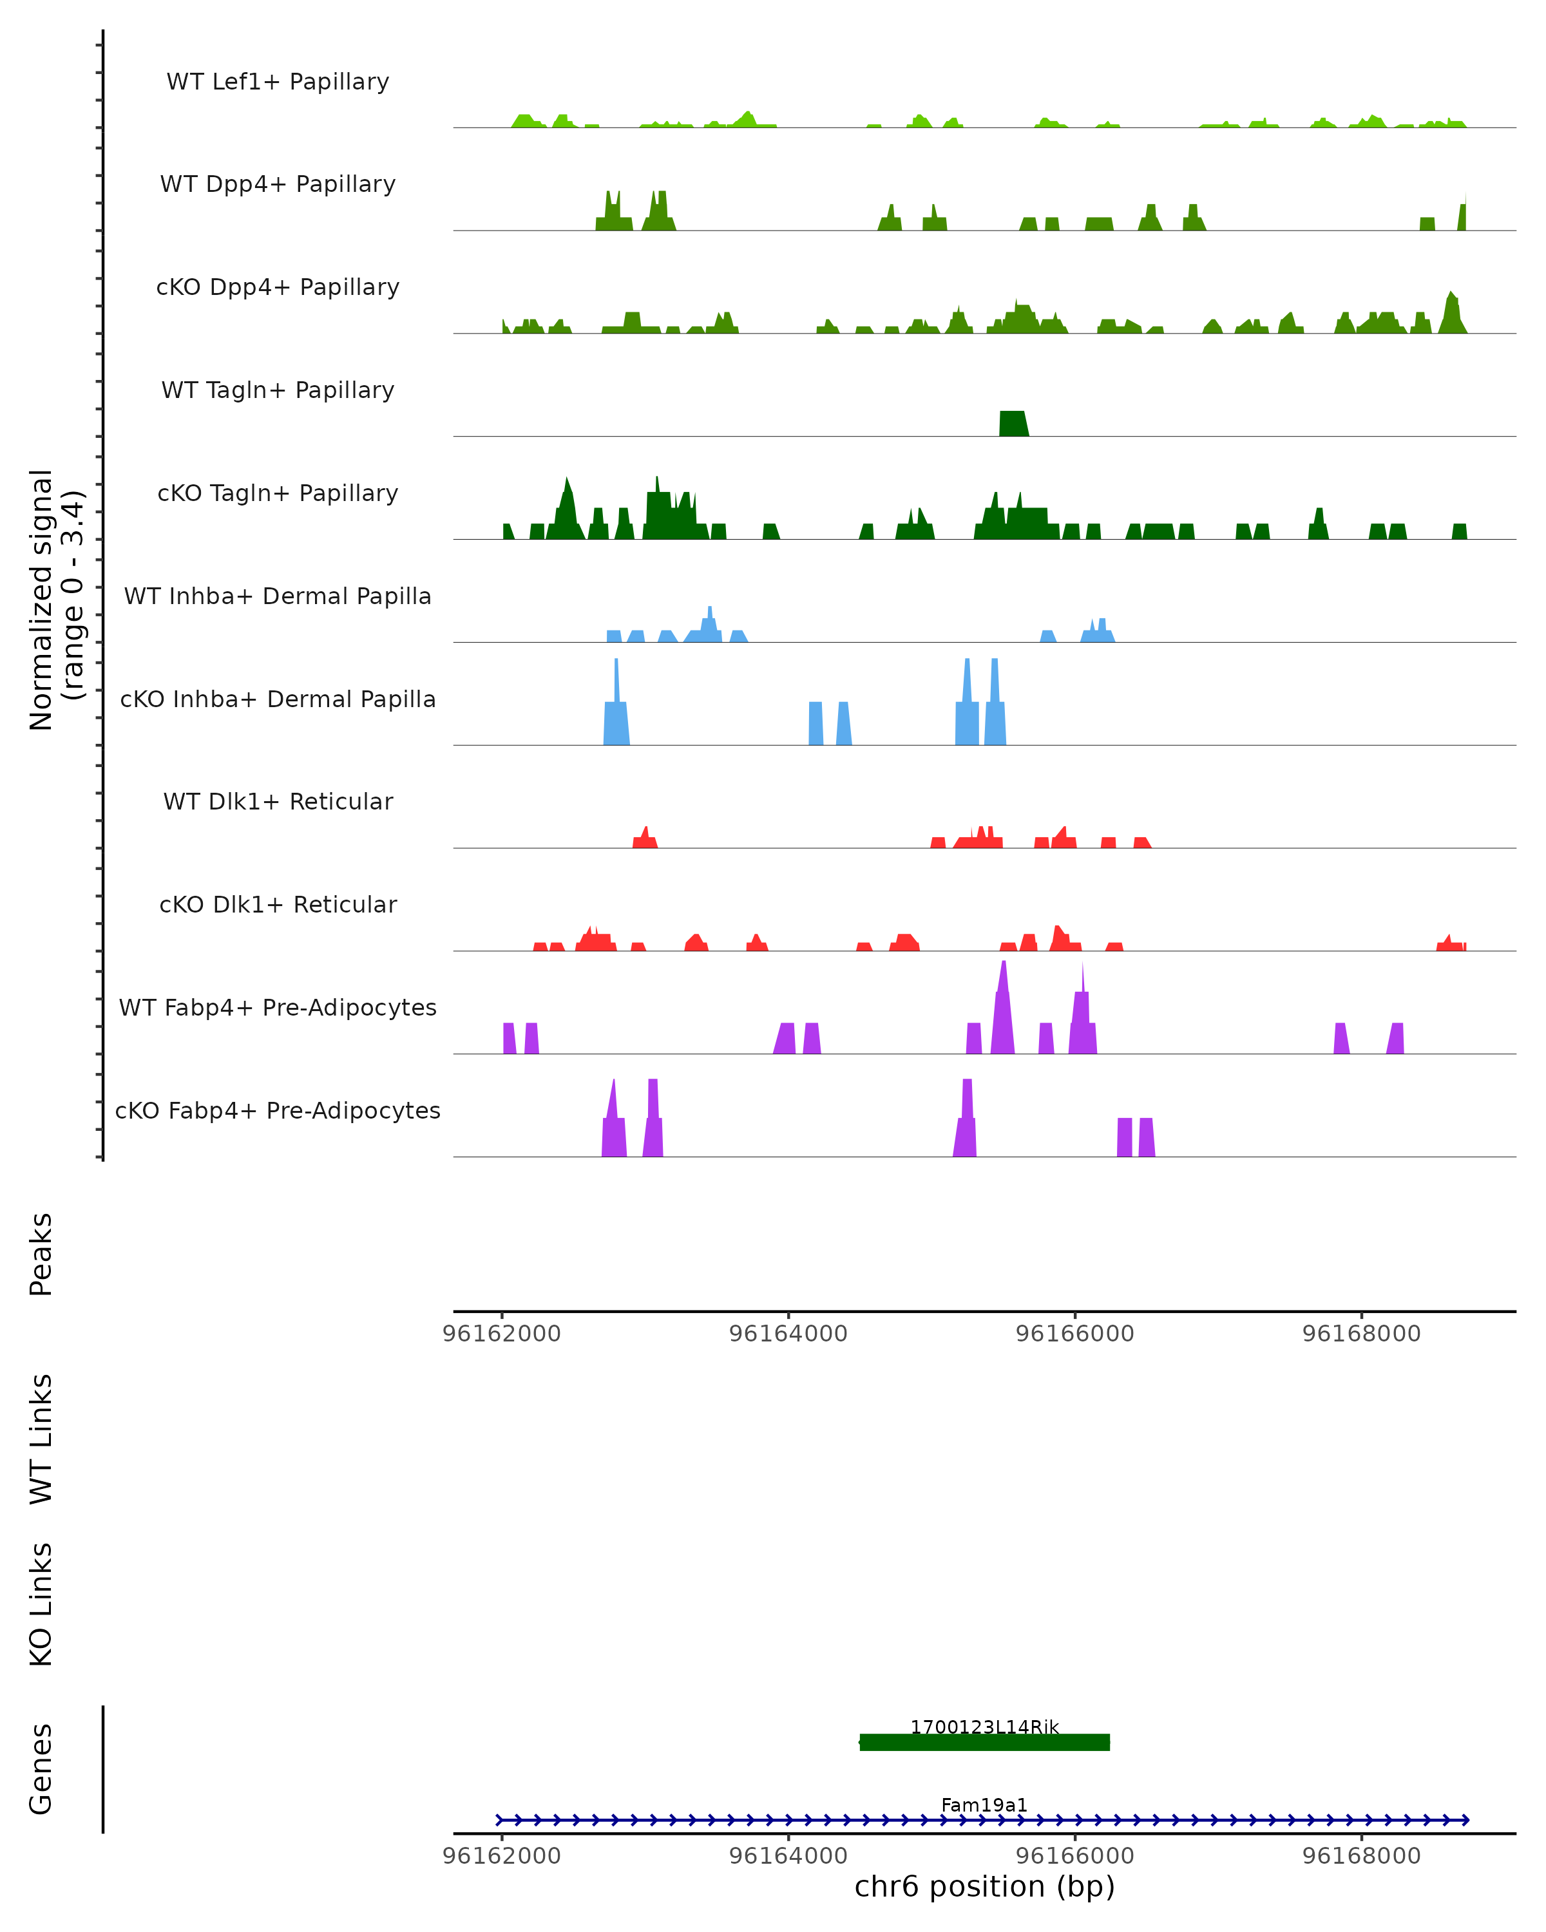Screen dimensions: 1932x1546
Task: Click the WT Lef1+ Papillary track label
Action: (x=278, y=82)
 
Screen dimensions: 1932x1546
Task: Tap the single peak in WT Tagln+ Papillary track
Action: (x=1013, y=424)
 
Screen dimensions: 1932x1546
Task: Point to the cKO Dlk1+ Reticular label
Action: (x=278, y=904)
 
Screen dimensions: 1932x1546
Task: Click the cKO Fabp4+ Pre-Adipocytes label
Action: (x=278, y=1110)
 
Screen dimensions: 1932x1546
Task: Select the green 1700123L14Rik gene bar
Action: (x=984, y=1742)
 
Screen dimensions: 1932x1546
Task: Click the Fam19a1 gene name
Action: (x=984, y=1804)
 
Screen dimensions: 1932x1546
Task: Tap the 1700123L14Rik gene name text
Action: (x=984, y=1727)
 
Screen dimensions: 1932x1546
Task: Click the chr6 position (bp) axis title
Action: (x=984, y=1886)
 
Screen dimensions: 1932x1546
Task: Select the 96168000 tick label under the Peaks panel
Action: (x=1360, y=1334)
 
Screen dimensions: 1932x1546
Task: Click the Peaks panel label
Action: (x=41, y=1254)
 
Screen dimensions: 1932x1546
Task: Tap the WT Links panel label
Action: (x=41, y=1438)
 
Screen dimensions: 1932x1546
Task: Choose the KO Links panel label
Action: (x=41, y=1604)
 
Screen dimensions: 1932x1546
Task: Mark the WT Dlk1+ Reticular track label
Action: (x=278, y=801)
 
